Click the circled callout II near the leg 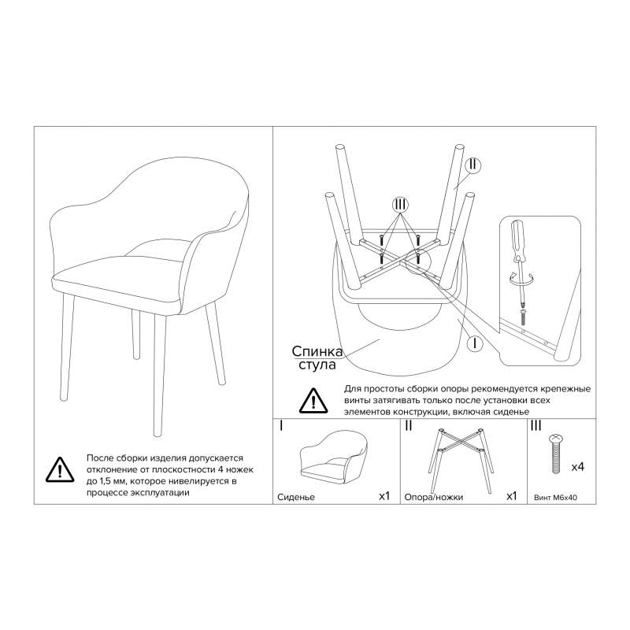(473, 165)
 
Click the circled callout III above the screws (400, 205)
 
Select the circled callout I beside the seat (476, 343)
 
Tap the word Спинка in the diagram (317, 351)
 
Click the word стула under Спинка (317, 365)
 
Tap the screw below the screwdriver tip (522, 317)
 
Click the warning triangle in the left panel (60, 469)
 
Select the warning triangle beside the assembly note (313, 401)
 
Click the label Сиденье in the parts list (296, 497)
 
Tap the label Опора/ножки (434, 497)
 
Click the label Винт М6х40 (556, 498)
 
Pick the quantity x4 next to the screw (578, 467)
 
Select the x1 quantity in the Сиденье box (384, 496)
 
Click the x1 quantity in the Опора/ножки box (511, 496)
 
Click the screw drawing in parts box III (556, 454)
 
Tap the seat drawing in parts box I (335, 459)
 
